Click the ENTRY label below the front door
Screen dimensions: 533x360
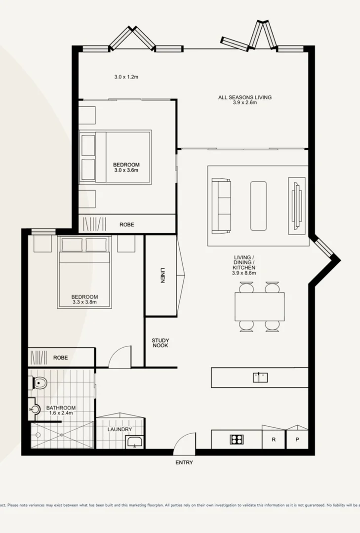click(184, 463)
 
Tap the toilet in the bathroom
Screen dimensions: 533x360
click(40, 382)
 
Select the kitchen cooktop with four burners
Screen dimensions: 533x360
click(236, 439)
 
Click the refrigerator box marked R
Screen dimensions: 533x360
click(274, 439)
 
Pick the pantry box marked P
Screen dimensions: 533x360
click(297, 439)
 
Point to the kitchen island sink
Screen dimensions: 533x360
click(260, 377)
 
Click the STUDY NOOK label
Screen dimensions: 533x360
click(160, 343)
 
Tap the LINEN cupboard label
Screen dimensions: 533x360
click(162, 275)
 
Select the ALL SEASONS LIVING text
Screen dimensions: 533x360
click(245, 97)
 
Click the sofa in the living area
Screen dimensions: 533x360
click(221, 205)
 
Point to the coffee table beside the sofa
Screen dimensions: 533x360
click(258, 205)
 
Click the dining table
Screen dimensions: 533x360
click(259, 306)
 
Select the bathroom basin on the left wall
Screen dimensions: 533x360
click(35, 409)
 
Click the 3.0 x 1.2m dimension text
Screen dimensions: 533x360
click(126, 77)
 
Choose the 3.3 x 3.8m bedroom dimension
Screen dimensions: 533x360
click(85, 302)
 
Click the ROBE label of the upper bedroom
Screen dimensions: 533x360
click(127, 224)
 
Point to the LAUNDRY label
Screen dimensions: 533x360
click(120, 429)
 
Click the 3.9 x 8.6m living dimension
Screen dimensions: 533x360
click(244, 273)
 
